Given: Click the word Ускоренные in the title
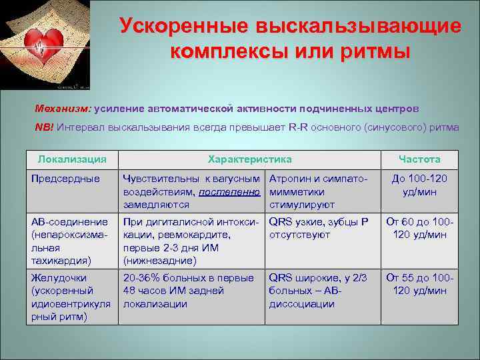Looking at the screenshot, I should [181, 26].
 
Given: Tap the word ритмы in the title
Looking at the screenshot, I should [373, 51].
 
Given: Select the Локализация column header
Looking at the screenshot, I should [72, 159].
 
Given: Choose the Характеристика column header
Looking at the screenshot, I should [249, 159].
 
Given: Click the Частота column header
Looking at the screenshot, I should [419, 159].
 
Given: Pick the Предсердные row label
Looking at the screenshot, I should [64, 179].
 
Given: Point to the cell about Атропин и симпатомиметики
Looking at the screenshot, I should [321, 191].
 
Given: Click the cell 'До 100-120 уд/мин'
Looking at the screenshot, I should [419, 185].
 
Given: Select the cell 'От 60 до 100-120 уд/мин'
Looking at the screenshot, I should [419, 228].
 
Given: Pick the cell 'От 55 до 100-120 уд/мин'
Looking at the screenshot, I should [419, 284].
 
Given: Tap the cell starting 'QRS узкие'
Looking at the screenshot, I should [321, 228].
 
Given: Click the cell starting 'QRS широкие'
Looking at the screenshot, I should [321, 291].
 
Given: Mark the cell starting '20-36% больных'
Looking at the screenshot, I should [189, 291].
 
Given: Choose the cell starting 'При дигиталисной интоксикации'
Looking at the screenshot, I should [189, 241].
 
